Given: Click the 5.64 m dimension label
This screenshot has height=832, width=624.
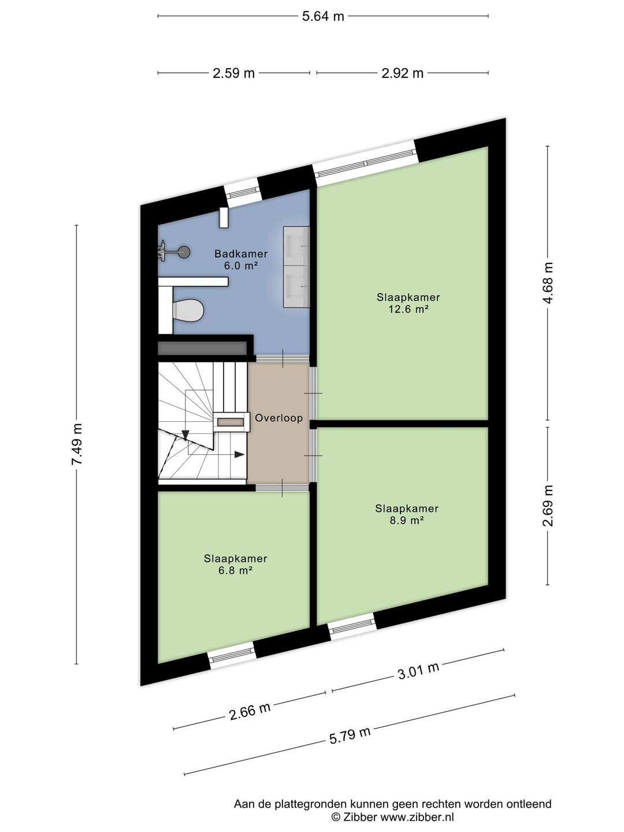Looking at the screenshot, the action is pyautogui.click(x=323, y=16).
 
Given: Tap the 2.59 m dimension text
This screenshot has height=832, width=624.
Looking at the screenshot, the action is pyautogui.click(x=233, y=73).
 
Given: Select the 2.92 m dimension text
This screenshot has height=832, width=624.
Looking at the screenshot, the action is pyautogui.click(x=402, y=73).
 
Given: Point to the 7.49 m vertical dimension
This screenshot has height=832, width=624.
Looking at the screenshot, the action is pyautogui.click(x=76, y=444).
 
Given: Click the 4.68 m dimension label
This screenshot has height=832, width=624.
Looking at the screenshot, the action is pyautogui.click(x=548, y=283).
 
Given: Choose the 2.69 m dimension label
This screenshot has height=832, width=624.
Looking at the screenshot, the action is pyautogui.click(x=548, y=506).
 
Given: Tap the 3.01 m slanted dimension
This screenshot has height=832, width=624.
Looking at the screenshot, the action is pyautogui.click(x=418, y=671).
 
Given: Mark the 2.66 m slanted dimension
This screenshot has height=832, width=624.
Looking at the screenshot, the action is pyautogui.click(x=250, y=711).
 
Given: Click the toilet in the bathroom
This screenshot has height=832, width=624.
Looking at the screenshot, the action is pyautogui.click(x=188, y=310).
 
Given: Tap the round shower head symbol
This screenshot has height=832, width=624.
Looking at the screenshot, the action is pyautogui.click(x=184, y=252).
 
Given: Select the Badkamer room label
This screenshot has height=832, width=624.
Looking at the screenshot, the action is pyautogui.click(x=241, y=254).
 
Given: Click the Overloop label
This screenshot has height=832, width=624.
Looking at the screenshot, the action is pyautogui.click(x=279, y=418).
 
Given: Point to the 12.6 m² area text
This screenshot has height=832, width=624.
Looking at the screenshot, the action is pyautogui.click(x=408, y=309).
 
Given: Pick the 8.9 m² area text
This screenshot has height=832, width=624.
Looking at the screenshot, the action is pyautogui.click(x=407, y=521).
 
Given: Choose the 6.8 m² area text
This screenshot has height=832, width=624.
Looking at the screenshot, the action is pyautogui.click(x=235, y=570).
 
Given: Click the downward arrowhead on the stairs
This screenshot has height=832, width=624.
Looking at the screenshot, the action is pyautogui.click(x=185, y=434).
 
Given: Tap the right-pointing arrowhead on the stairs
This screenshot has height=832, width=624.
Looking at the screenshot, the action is pyautogui.click(x=239, y=454).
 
